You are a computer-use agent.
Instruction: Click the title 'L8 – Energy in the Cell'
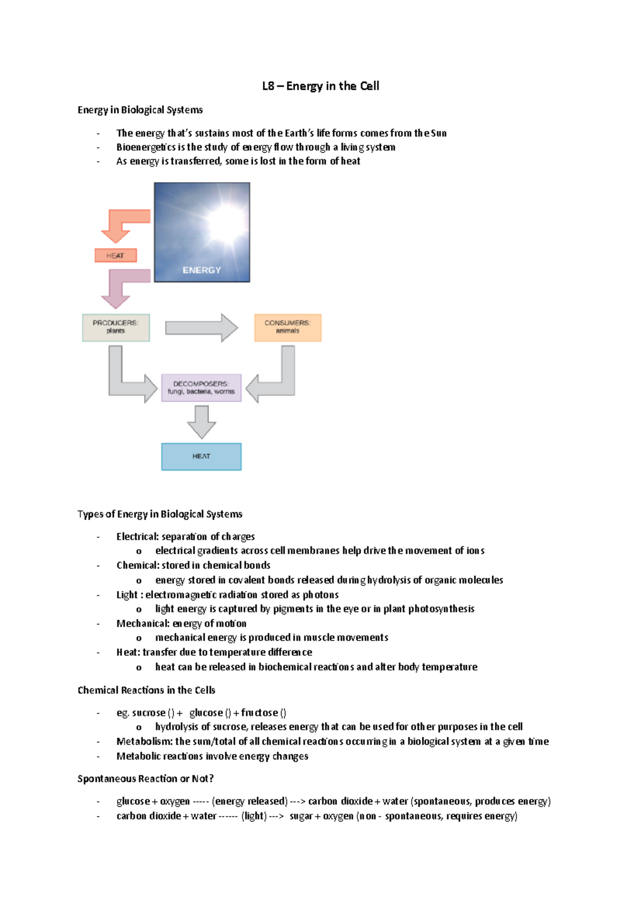[320, 86]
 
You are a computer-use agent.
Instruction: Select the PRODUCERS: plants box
[116, 327]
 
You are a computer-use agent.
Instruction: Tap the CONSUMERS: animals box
[287, 327]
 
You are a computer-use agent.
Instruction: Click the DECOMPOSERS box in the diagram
[201, 388]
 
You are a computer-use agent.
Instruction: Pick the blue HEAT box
[201, 457]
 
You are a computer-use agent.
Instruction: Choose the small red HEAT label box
[115, 255]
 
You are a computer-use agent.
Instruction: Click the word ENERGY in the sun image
[202, 270]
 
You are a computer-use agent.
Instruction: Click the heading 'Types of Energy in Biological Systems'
[160, 514]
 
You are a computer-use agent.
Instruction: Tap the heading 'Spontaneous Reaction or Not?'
[145, 778]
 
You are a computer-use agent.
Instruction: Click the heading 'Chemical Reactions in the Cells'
[146, 690]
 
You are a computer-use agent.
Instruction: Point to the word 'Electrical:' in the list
[137, 536]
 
